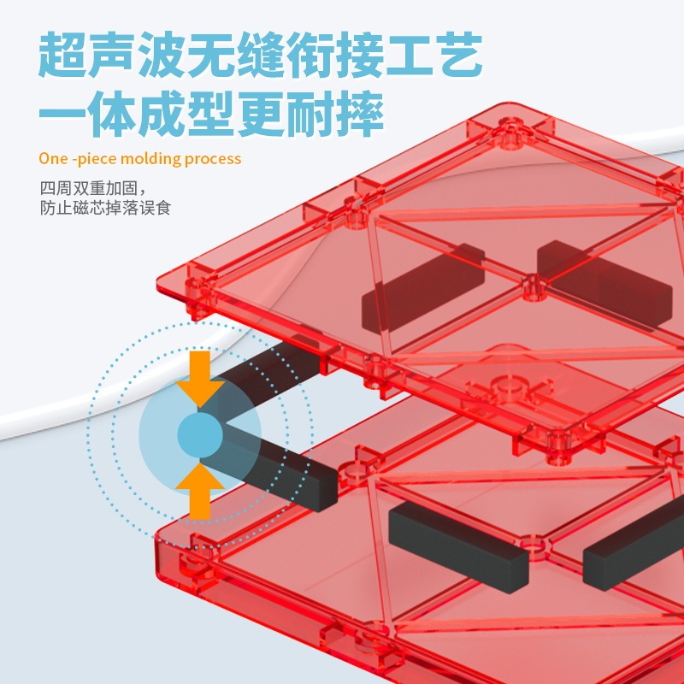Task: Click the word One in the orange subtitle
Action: [x=53, y=159]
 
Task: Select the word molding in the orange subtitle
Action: [x=148, y=159]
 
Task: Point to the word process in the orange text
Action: [x=211, y=159]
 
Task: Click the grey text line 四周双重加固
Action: [x=94, y=188]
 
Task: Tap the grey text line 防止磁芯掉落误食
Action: [x=105, y=208]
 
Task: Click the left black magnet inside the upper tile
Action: [x=424, y=287]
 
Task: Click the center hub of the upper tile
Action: [x=533, y=286]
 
